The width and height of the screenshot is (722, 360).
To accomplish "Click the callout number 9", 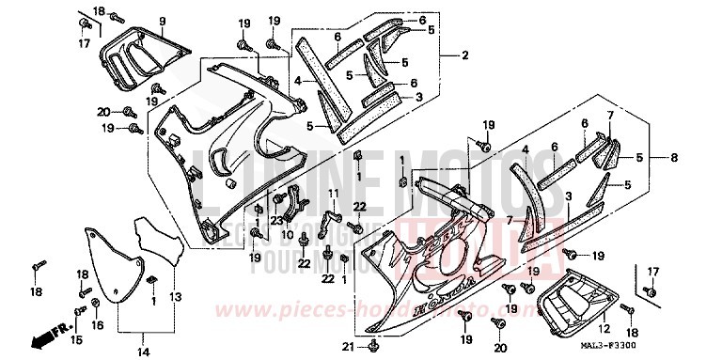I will tap(162, 21).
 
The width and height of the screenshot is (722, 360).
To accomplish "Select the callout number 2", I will tap(464, 56).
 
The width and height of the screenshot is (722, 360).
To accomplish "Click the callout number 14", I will tap(143, 325).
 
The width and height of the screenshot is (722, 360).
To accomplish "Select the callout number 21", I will tap(348, 349).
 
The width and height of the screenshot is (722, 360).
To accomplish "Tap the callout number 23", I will tap(277, 222).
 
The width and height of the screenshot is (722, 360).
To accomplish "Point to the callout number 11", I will tap(332, 194).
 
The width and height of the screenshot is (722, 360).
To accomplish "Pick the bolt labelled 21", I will tap(374, 349).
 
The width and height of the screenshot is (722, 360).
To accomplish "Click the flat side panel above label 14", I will tap(111, 267).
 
